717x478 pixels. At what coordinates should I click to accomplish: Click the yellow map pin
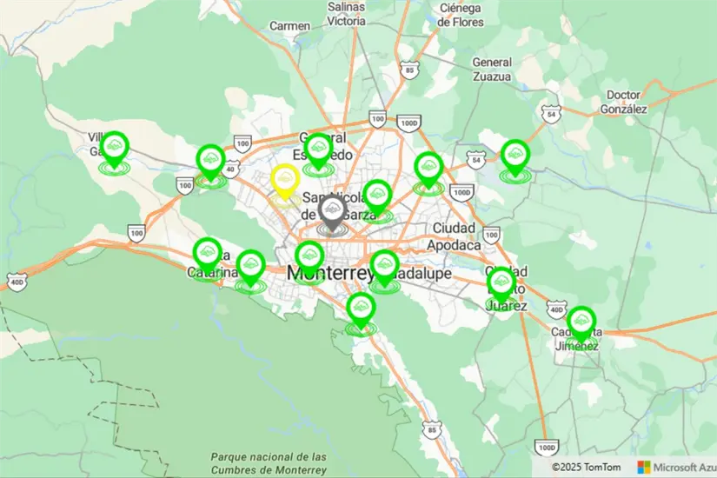tap(284, 181)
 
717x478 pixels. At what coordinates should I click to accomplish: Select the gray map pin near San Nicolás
tap(331, 212)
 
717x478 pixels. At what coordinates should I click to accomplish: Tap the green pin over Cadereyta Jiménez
tap(581, 322)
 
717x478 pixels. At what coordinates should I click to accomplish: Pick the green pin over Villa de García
tap(114, 147)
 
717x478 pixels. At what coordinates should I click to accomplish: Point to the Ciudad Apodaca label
tap(454, 236)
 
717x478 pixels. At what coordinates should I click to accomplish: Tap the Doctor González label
tap(624, 102)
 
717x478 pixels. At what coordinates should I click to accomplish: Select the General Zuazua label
tap(492, 69)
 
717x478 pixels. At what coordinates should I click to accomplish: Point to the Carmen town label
tap(289, 26)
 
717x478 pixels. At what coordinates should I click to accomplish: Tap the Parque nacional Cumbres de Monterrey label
tap(269, 463)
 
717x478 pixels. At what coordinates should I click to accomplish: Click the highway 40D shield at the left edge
tap(17, 281)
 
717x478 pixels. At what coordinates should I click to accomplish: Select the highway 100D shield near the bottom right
tap(547, 448)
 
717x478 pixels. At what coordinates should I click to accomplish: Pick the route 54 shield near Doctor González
tap(549, 113)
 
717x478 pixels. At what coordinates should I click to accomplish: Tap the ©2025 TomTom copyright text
tap(587, 467)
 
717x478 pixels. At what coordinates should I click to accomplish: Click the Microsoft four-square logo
tap(644, 467)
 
